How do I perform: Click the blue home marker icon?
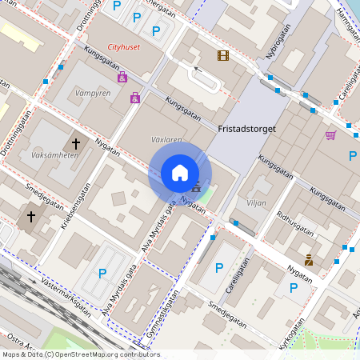[180, 173]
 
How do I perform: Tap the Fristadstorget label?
[246, 127]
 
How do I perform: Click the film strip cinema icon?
[222, 55]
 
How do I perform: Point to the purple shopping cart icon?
[330, 135]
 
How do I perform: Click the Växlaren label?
[166, 139]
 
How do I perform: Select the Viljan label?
[256, 203]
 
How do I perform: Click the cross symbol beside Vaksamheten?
[76, 144]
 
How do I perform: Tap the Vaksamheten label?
[54, 155]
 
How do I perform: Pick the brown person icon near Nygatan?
[309, 259]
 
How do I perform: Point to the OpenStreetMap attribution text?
[80, 354]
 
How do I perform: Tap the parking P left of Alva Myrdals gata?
[102, 273]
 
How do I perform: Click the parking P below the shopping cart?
[352, 155]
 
